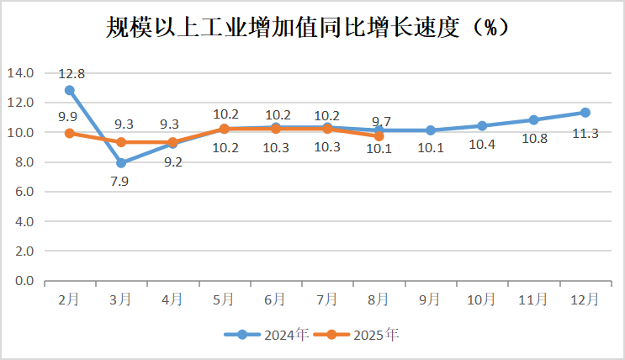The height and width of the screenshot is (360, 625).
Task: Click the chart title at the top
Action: coord(312,27)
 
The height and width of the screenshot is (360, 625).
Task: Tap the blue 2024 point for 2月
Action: coord(70,90)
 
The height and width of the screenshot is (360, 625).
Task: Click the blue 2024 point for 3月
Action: coord(121,163)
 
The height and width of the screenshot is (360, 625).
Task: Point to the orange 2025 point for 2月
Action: coord(70,133)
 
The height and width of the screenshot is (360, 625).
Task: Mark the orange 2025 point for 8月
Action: coord(379,136)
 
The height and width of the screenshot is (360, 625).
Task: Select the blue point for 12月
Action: coord(585,113)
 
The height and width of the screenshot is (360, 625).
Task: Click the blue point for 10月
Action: coord(482,126)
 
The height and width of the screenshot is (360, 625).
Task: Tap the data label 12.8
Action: coord(72,73)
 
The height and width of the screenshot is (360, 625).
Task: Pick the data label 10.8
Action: coord(533,139)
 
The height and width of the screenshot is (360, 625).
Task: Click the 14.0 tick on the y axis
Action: coord(20,73)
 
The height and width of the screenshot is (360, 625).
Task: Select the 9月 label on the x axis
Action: coord(431,299)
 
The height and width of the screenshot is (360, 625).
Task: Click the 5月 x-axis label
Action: coord(224,299)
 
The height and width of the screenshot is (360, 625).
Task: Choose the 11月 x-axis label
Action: coord(533,299)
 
